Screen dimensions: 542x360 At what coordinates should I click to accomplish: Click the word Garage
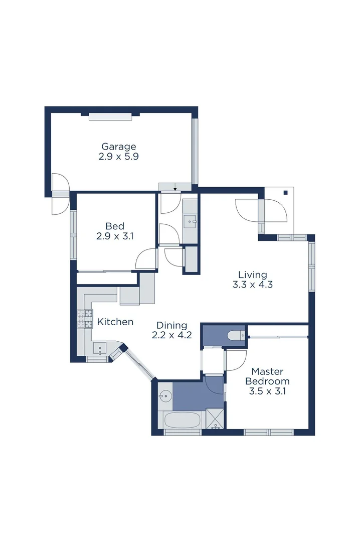(119, 147)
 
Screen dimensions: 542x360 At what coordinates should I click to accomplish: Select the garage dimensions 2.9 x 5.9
(119, 157)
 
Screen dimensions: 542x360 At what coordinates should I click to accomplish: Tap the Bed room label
(115, 226)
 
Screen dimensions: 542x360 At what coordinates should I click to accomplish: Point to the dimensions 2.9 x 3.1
(115, 236)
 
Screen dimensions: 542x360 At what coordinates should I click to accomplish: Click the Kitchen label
(115, 322)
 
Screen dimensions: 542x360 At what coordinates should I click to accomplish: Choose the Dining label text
(171, 326)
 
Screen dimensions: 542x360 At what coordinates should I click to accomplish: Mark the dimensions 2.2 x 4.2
(171, 336)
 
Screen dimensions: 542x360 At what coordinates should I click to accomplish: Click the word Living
(252, 275)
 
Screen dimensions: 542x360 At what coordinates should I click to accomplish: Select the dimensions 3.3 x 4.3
(252, 285)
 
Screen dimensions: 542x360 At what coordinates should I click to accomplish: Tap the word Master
(267, 371)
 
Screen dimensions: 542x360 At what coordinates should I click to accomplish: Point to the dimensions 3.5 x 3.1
(267, 391)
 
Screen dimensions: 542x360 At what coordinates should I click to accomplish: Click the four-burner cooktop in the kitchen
(85, 319)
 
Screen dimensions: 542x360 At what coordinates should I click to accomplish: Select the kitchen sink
(100, 347)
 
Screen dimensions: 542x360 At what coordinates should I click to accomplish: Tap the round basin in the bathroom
(164, 396)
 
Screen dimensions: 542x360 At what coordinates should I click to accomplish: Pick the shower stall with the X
(216, 420)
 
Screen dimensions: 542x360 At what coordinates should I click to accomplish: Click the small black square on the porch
(285, 192)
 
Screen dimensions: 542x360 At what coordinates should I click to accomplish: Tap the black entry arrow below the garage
(175, 189)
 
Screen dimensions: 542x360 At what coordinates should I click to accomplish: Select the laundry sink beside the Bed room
(191, 221)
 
